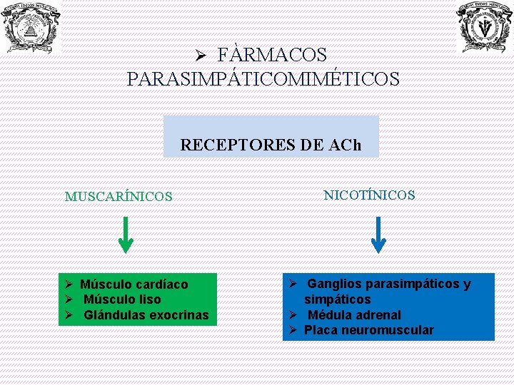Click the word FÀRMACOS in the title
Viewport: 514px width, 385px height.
[x=271, y=55]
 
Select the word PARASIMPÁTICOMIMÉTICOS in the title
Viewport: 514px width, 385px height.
[x=263, y=78]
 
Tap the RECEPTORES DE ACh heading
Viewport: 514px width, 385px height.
[x=271, y=145]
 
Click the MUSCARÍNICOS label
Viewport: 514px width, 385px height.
[x=119, y=196]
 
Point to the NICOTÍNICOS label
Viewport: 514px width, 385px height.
[x=369, y=195]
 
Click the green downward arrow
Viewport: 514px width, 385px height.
[x=125, y=235]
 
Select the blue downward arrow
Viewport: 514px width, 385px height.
[x=378, y=235]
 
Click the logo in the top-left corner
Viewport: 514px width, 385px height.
[x=31, y=27]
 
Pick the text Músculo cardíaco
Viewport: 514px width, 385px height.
[x=133, y=284]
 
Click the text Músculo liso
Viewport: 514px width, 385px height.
[x=122, y=299]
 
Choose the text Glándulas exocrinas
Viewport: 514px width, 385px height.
[x=146, y=315]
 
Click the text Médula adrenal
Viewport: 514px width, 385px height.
[x=354, y=315]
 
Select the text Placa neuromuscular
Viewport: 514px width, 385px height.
[x=368, y=330]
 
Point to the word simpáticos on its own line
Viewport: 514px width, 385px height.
[x=338, y=299]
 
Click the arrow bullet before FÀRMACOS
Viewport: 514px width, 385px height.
[x=201, y=56]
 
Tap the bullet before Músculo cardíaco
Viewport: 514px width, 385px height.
[x=69, y=284]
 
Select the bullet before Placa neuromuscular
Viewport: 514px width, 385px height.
[x=293, y=330]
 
